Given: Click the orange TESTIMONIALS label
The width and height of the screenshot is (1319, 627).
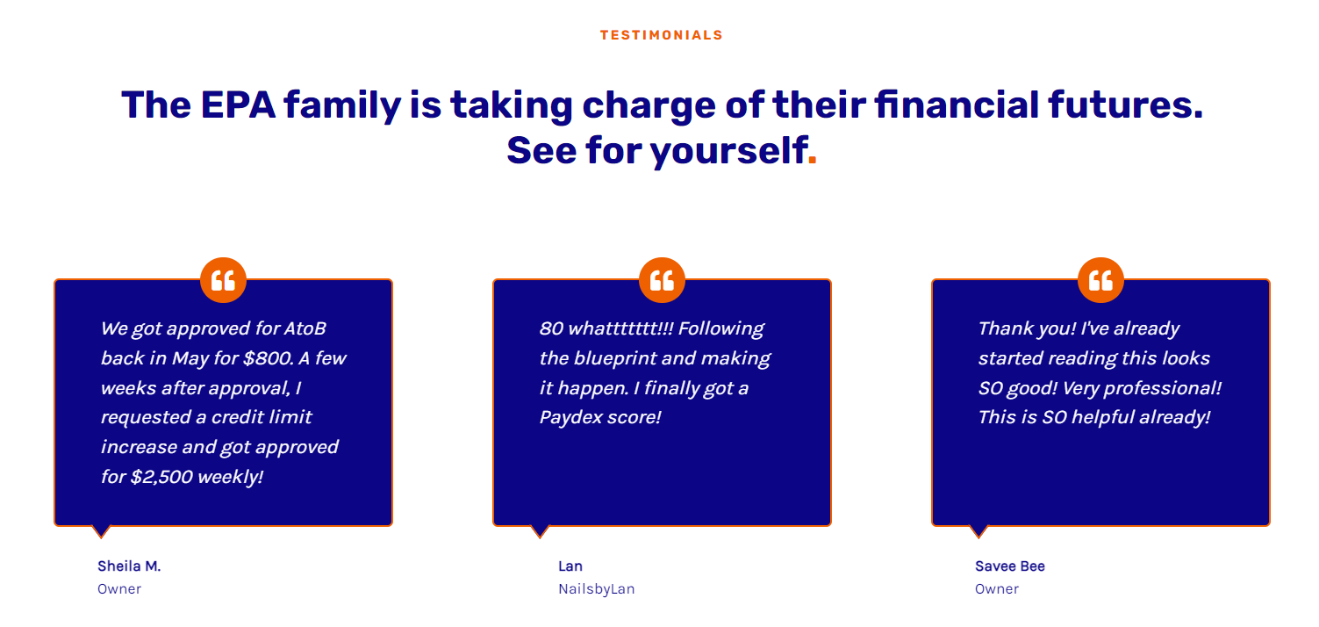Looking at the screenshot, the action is pos(662,35).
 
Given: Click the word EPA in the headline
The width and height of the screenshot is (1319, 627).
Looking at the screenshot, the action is pos(238,104).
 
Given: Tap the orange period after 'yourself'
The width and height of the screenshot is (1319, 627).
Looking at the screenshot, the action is pos(812,159).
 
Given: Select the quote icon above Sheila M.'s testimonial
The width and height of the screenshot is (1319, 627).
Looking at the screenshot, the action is pos(223,280).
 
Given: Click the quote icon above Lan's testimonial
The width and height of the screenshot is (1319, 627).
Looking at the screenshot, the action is pos(662,280).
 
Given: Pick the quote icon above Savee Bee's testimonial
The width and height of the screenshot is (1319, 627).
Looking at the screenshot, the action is pos(1100,280).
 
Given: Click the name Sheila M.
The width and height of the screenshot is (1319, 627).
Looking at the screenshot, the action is pos(129,566).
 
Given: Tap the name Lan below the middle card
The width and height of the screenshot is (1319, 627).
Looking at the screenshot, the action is pos(570,566).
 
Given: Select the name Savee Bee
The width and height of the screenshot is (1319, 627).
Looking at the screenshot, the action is pos(1010,566).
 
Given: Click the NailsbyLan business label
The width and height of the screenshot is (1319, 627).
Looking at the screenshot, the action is pos(597,589).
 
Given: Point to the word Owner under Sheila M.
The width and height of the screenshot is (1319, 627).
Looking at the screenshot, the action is pos(119,589).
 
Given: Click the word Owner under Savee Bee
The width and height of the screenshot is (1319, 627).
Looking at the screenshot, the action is pos(997,589).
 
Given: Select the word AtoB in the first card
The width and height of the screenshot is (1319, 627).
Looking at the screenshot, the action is pos(305,328).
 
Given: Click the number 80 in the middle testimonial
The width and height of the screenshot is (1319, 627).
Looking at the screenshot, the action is pos(552,328).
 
